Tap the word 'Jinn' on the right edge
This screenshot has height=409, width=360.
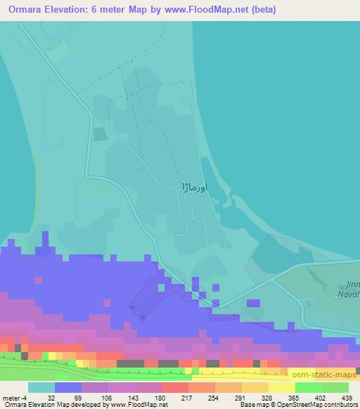pyautogui.click(x=352, y=285)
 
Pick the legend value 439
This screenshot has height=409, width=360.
pyautogui.click(x=348, y=398)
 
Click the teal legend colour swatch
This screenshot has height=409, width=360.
pyautogui.click(x=41, y=387)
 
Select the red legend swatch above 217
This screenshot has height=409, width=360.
pyautogui.click(x=175, y=387)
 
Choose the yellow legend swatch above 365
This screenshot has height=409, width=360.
pyautogui.click(x=282, y=387)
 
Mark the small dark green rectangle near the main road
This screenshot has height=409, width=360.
pyautogui.click(x=101, y=133)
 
